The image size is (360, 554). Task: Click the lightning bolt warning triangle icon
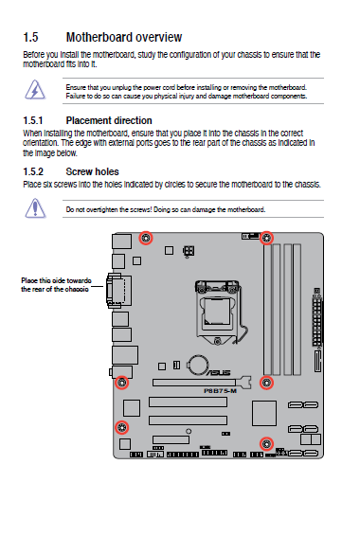(x=35, y=90)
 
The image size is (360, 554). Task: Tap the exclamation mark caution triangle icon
(x=35, y=208)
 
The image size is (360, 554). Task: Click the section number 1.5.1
(x=33, y=121)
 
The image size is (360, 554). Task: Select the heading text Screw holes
(x=92, y=171)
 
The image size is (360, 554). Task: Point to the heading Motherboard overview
(x=124, y=37)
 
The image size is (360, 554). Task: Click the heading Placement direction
(x=109, y=121)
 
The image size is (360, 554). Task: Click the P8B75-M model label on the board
(x=220, y=391)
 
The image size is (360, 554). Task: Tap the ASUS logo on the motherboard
(x=218, y=372)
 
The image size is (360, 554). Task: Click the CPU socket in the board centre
(x=217, y=312)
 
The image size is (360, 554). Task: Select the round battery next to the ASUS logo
(x=198, y=365)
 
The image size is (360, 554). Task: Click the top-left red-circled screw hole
(x=145, y=238)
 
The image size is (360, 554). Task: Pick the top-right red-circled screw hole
(x=267, y=238)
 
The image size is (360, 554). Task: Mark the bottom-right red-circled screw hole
(x=266, y=444)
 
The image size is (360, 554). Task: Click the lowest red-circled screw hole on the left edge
(x=122, y=427)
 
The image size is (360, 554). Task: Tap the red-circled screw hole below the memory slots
(x=266, y=383)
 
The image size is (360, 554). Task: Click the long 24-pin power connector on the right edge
(x=317, y=321)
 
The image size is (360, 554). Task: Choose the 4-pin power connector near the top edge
(x=189, y=251)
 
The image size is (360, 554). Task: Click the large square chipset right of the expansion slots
(x=264, y=414)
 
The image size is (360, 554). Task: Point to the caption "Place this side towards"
(x=56, y=281)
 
